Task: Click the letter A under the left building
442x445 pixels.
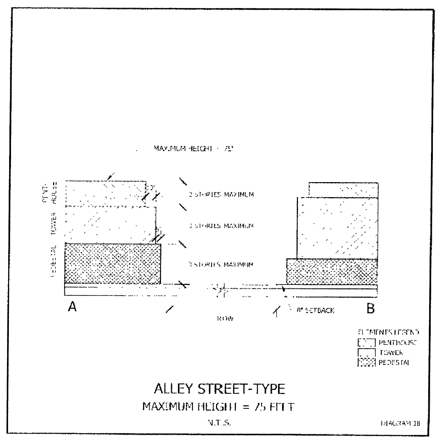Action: [x=72, y=307]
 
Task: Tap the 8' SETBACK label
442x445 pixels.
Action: [x=316, y=310]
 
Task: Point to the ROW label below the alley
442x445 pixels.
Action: [x=225, y=319]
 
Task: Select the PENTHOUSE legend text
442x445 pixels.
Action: [x=397, y=343]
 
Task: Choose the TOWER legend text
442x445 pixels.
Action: [x=391, y=352]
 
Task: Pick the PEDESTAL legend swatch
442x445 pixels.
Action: [x=366, y=362]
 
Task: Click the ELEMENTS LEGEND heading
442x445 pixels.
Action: [x=388, y=332]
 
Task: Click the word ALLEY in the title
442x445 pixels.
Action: [x=174, y=389]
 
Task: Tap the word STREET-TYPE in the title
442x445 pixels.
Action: [x=241, y=389]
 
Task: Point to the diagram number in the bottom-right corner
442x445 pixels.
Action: [x=401, y=424]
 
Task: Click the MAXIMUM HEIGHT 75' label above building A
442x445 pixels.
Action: [x=193, y=148]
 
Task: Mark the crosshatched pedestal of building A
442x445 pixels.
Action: [x=112, y=263]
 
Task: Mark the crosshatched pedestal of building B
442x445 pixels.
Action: [x=332, y=271]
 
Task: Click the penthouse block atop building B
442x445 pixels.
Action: [x=344, y=190]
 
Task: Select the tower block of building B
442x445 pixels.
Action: [x=337, y=228]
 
